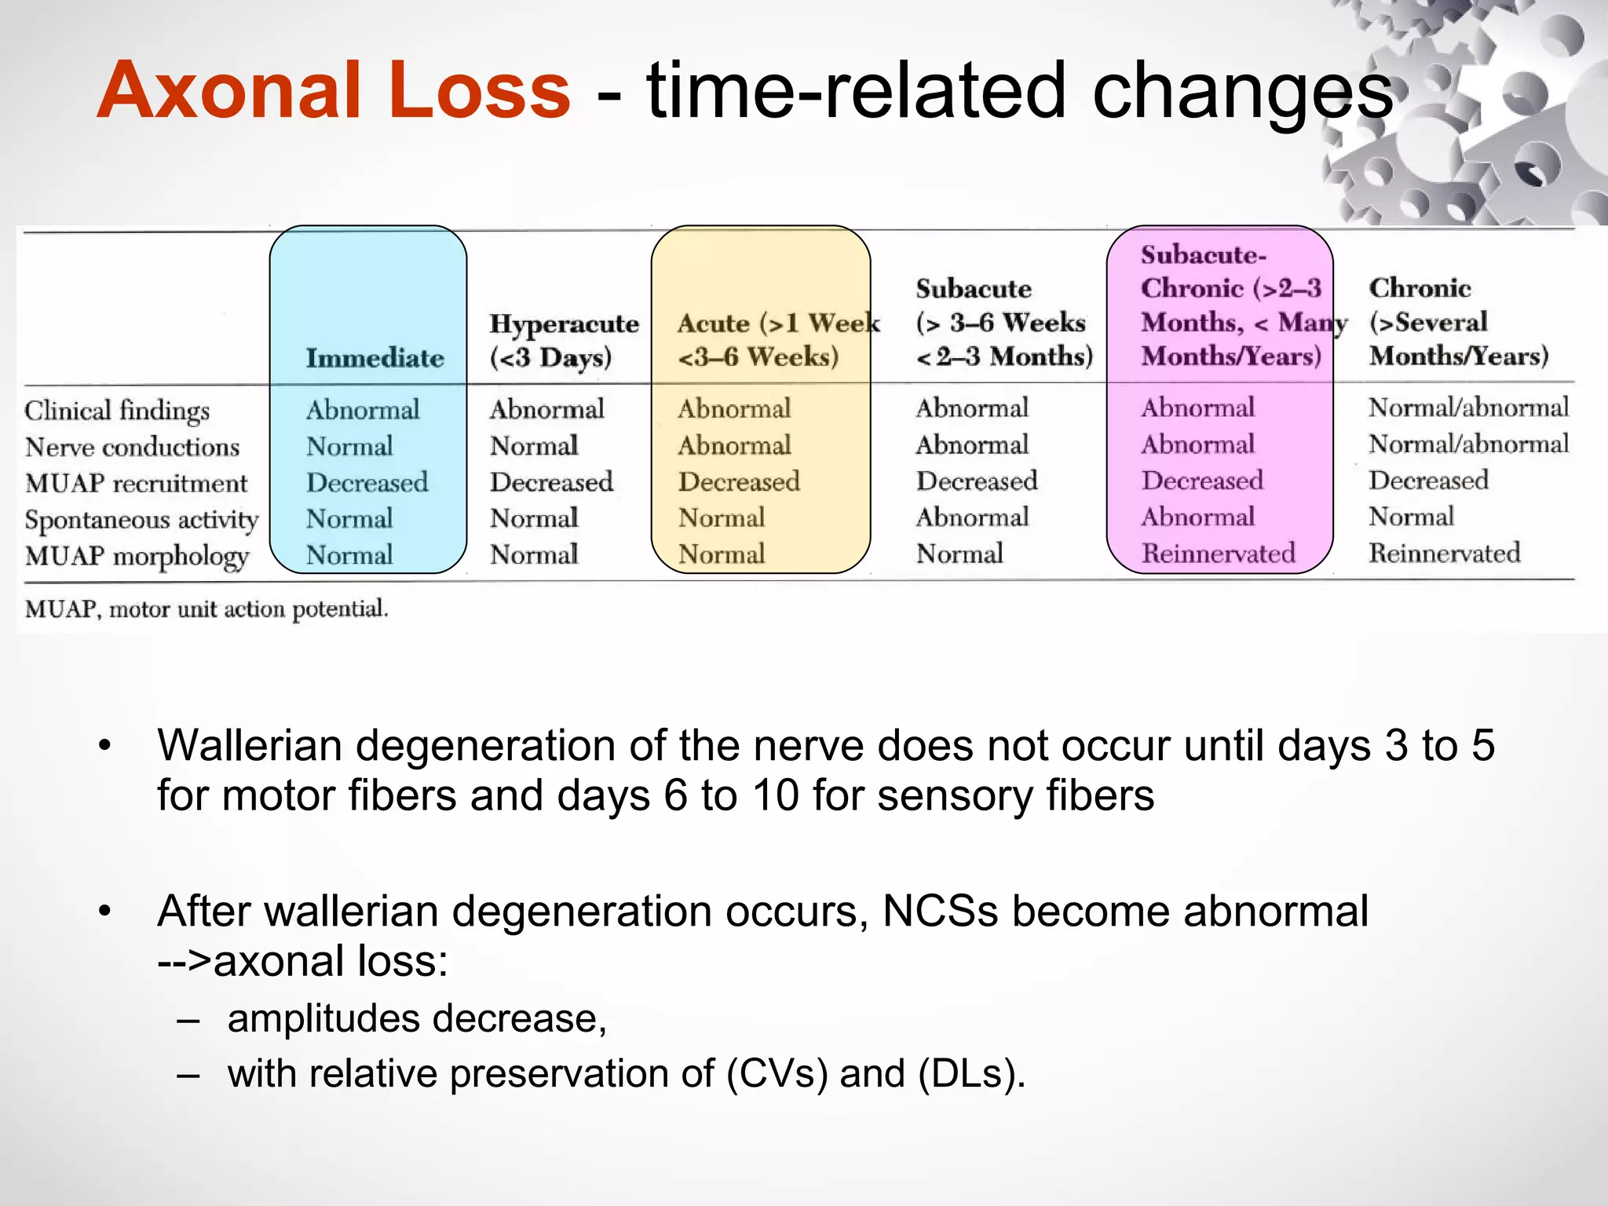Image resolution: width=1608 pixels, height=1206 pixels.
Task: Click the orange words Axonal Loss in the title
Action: click(x=334, y=91)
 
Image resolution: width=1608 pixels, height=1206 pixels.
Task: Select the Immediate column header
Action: click(x=375, y=358)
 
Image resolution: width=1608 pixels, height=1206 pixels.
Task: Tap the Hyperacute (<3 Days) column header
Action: click(x=564, y=340)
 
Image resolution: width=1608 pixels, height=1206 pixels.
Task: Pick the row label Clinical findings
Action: click(x=117, y=410)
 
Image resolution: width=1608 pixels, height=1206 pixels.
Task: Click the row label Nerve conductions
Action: click(x=132, y=447)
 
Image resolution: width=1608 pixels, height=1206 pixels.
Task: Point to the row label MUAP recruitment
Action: click(x=136, y=483)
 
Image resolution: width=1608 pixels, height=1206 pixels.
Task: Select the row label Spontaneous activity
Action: click(x=141, y=520)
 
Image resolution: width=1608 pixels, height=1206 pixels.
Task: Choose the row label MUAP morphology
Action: click(x=137, y=556)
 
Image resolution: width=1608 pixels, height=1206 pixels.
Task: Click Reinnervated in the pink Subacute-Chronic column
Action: click(x=1218, y=554)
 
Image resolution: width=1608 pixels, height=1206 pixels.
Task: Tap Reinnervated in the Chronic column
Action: click(x=1444, y=553)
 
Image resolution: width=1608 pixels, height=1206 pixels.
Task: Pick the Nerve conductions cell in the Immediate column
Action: click(x=349, y=446)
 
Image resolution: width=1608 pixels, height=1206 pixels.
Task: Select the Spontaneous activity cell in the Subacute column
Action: click(x=972, y=517)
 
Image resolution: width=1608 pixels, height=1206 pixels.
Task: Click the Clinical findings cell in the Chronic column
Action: click(x=1468, y=407)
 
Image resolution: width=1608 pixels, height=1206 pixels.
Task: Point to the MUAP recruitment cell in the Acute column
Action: click(x=739, y=481)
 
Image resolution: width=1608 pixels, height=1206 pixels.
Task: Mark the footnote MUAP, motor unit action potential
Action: click(x=206, y=608)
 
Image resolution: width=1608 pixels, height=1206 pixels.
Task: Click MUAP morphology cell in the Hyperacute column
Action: click(x=534, y=554)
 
